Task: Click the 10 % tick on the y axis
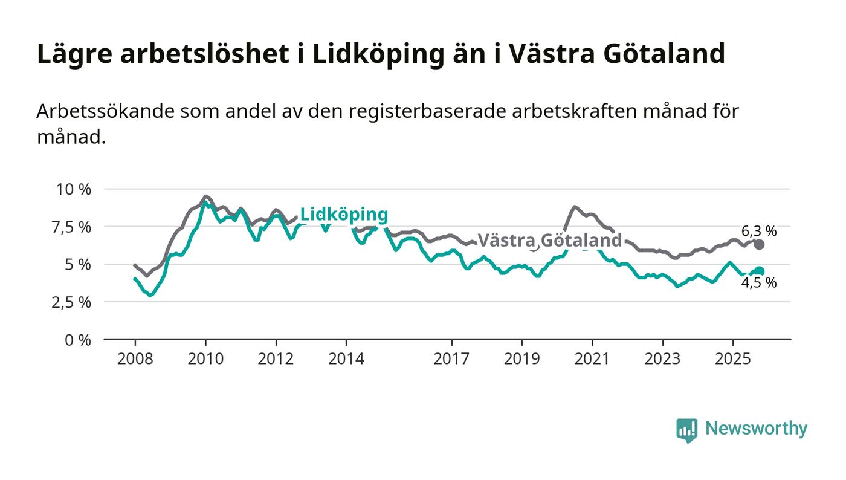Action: (x=73, y=189)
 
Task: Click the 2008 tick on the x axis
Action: (x=135, y=358)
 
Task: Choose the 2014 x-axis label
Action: (x=346, y=358)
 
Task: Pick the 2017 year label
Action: (x=451, y=358)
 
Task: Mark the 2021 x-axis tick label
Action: (x=592, y=358)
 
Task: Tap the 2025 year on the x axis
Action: (x=732, y=358)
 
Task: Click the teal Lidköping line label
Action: (x=344, y=215)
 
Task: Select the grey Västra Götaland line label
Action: (x=549, y=241)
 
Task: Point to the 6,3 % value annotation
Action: (x=759, y=230)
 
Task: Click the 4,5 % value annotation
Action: (x=759, y=283)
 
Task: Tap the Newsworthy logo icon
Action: (x=686, y=430)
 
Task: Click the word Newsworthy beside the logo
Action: (x=756, y=429)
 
